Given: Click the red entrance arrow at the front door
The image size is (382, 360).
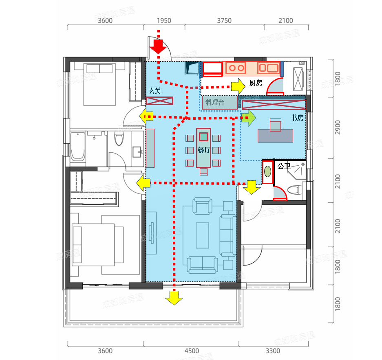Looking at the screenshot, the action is pyautogui.click(x=158, y=46).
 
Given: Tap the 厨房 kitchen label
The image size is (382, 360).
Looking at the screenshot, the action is pyautogui.click(x=256, y=83).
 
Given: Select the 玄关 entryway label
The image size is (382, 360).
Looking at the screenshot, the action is pyautogui.click(x=155, y=91).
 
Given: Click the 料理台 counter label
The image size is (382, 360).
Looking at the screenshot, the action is pyautogui.click(x=214, y=102).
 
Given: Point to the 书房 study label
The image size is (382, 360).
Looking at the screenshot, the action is pyautogui.click(x=297, y=118).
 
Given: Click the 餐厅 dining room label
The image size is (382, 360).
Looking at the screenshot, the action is pyautogui.click(x=203, y=150).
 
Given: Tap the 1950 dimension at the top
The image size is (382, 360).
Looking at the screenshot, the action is pyautogui.click(x=164, y=21).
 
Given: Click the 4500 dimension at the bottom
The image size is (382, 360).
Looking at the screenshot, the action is pyautogui.click(x=192, y=351).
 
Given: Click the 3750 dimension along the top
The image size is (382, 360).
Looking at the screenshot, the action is pyautogui.click(x=224, y=21).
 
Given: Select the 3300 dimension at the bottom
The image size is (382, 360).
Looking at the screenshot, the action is pyautogui.click(x=273, y=351).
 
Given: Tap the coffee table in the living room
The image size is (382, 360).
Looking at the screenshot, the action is pyautogui.click(x=203, y=235).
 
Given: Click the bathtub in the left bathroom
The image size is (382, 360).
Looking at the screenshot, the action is pyautogui.click(x=78, y=149).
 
